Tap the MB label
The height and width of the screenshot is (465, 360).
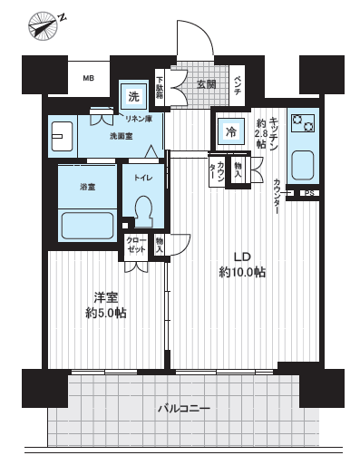(90, 79)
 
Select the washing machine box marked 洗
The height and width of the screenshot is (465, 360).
(133, 96)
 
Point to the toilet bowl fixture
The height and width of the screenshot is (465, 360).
(142, 211)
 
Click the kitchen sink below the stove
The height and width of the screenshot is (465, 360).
(300, 164)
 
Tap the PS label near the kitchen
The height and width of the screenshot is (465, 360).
(308, 193)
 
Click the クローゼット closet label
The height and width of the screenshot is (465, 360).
(136, 244)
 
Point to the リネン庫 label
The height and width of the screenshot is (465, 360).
(138, 119)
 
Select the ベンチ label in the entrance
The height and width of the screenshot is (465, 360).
(238, 85)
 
